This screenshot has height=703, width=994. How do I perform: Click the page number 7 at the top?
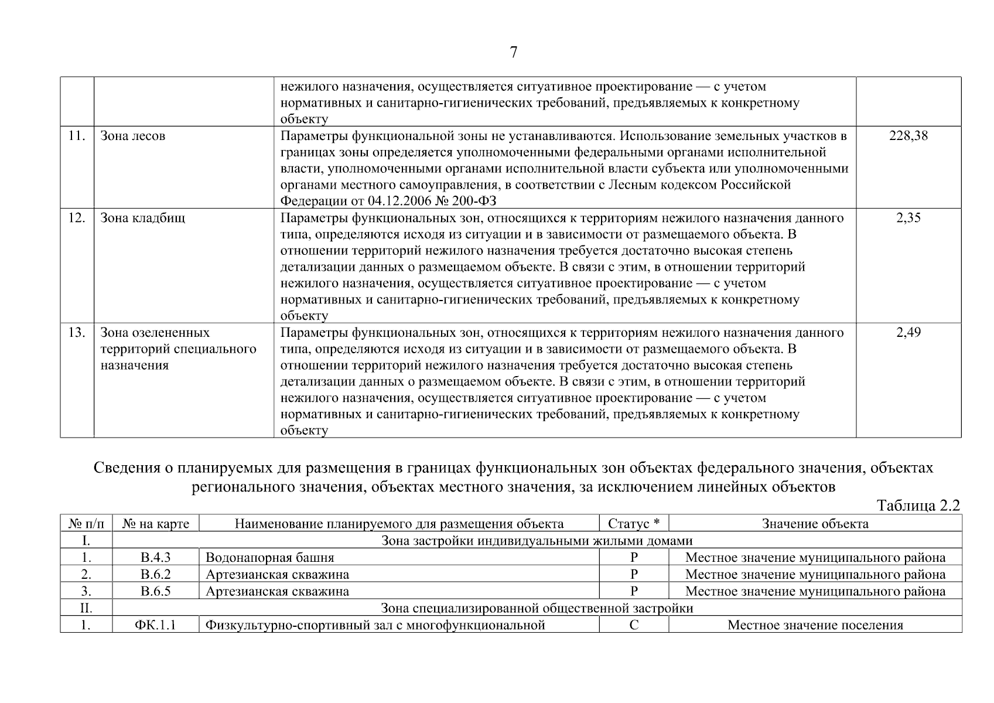[514, 53]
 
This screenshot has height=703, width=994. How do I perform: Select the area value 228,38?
[908, 136]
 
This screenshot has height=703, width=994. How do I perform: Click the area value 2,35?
[908, 218]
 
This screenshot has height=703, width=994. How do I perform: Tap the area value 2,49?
[908, 333]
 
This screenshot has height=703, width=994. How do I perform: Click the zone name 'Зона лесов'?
[133, 136]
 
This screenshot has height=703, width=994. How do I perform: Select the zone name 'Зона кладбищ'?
[143, 218]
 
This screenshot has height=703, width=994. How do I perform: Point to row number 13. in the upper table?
[77, 333]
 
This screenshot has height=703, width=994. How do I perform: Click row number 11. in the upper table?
[77, 136]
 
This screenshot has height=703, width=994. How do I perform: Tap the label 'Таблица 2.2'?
[918, 506]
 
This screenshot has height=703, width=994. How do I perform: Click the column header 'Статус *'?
[634, 524]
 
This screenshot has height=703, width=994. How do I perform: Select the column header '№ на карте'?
[155, 524]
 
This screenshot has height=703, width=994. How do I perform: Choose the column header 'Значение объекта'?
[815, 524]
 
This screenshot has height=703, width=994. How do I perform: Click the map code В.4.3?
[155, 558]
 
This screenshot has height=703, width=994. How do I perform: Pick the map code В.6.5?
[155, 591]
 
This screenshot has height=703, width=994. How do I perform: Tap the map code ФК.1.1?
[155, 625]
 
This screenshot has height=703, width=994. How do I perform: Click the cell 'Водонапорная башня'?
[270, 558]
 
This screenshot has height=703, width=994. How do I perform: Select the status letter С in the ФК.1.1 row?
[634, 625]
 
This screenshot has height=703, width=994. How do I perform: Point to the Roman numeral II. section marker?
[86, 608]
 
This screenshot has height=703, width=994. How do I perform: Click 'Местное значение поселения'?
[815, 625]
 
